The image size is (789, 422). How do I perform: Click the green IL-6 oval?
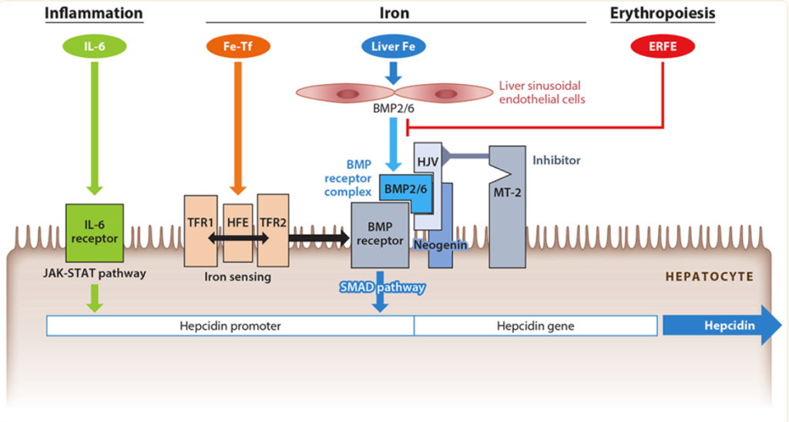click(x=94, y=47)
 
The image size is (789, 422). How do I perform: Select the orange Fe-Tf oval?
click(x=237, y=47)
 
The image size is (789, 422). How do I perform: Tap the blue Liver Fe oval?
click(x=393, y=47)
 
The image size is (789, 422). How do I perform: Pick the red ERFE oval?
click(x=663, y=47)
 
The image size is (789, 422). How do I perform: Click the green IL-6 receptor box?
click(x=94, y=232)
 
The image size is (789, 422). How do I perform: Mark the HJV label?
click(x=426, y=159)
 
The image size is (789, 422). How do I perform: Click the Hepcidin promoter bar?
click(x=230, y=326)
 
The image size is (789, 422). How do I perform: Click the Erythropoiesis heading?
click(x=663, y=13)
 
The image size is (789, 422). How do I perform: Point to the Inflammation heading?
click(x=94, y=13)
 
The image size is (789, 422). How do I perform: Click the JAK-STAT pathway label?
click(x=94, y=273)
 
